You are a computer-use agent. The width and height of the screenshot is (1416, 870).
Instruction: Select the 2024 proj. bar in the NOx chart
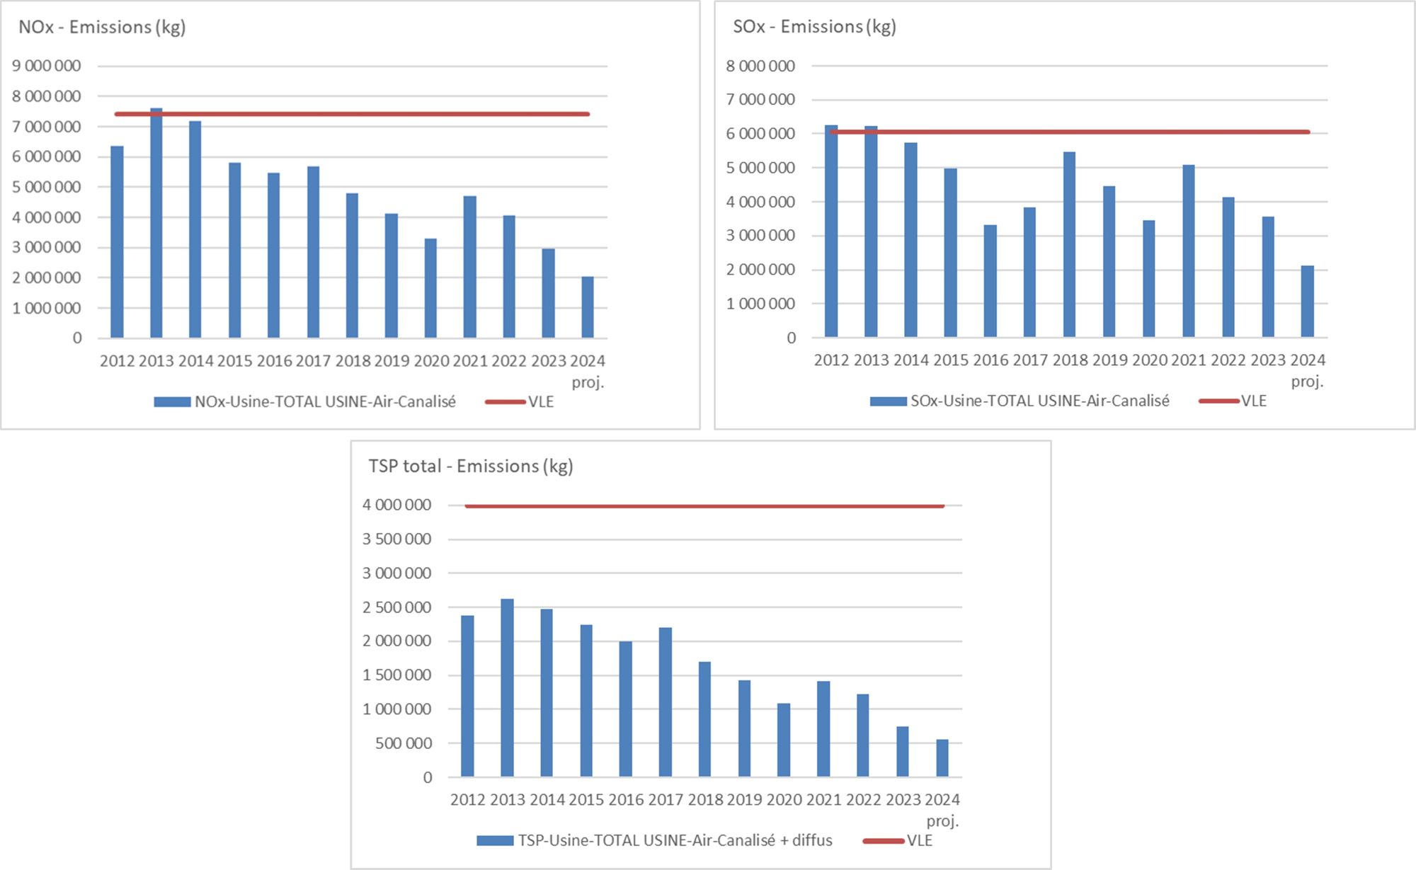click(588, 307)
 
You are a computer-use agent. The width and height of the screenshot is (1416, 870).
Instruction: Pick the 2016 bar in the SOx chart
click(990, 281)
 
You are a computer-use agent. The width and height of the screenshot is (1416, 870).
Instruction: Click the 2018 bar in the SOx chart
click(1069, 244)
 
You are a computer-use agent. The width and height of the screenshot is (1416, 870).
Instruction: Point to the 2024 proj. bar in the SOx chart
click(1307, 302)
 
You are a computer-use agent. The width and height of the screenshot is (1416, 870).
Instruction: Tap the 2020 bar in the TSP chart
click(784, 740)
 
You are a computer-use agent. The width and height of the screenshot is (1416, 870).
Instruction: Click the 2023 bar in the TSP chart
click(902, 752)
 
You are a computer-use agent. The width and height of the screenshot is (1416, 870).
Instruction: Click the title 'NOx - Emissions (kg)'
click(102, 28)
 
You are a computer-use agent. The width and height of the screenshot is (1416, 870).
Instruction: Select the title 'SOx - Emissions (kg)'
click(814, 27)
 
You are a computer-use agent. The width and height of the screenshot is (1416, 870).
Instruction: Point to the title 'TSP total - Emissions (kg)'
click(470, 467)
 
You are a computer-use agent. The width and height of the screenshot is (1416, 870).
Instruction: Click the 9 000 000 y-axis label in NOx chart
click(47, 66)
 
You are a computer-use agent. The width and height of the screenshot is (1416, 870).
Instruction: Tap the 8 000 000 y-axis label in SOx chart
click(760, 66)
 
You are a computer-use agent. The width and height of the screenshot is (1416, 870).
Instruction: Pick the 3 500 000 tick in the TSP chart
click(396, 539)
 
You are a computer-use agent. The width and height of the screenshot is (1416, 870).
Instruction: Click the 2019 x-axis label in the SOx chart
click(1109, 360)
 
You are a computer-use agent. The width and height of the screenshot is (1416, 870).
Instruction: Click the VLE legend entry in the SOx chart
click(1253, 401)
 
